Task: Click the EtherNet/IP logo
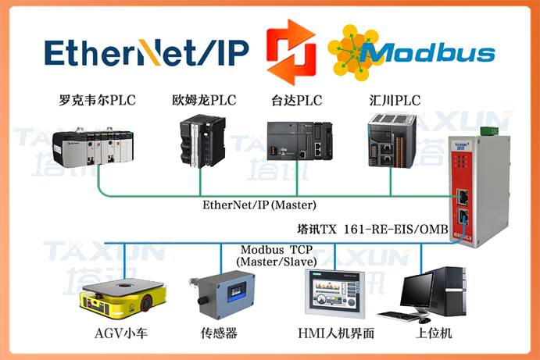point(146,52)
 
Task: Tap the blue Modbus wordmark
point(427,53)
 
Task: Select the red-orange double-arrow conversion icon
point(291,52)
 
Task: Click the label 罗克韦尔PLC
point(97,100)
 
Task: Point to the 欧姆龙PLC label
point(204,100)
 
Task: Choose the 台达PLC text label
point(297,100)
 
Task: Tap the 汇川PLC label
point(395,100)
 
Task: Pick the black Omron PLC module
point(202,141)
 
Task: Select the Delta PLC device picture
point(300,141)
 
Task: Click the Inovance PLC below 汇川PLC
point(392,141)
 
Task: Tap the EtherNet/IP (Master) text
point(259,205)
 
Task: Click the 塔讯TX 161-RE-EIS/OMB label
point(373,230)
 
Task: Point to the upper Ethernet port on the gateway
point(462,197)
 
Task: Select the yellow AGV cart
point(123,298)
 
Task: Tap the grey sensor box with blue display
point(223,294)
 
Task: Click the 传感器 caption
point(219,333)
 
